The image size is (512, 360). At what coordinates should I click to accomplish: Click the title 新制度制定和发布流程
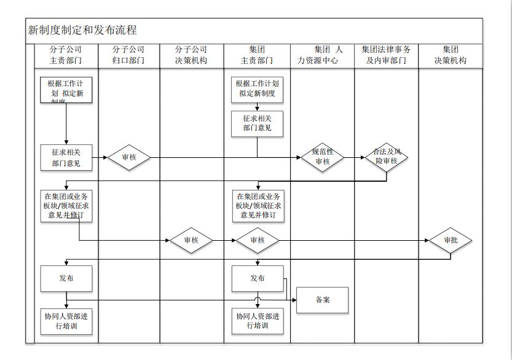click(82, 30)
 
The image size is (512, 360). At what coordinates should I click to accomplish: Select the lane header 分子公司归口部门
click(128, 55)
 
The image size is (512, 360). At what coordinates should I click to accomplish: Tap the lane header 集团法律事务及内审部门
click(386, 55)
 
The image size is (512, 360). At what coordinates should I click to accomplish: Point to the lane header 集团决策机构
click(451, 55)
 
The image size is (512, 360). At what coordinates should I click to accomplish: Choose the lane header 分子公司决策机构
click(191, 55)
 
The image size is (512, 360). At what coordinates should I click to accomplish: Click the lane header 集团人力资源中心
click(322, 55)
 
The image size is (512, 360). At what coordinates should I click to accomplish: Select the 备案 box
click(323, 300)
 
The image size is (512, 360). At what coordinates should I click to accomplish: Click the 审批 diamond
click(451, 240)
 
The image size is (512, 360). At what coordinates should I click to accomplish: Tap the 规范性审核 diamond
click(323, 157)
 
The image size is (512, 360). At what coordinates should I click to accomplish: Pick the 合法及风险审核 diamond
click(386, 157)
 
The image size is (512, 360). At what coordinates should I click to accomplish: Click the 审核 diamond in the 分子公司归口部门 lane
click(129, 157)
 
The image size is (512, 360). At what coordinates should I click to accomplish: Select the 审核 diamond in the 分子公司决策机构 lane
click(191, 240)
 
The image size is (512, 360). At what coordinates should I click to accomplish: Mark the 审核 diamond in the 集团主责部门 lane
click(258, 240)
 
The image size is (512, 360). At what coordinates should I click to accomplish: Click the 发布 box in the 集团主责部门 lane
click(258, 278)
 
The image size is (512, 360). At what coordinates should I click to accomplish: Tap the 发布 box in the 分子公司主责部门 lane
click(66, 278)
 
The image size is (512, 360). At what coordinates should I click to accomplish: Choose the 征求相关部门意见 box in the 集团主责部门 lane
click(257, 123)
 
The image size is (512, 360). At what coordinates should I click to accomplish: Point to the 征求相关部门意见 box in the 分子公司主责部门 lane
click(66, 157)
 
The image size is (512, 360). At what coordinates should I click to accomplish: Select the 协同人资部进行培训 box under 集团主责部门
click(258, 321)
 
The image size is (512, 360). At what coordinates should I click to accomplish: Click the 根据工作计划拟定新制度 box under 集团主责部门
click(258, 89)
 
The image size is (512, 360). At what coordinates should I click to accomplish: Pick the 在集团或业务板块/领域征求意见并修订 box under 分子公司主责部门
click(66, 206)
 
